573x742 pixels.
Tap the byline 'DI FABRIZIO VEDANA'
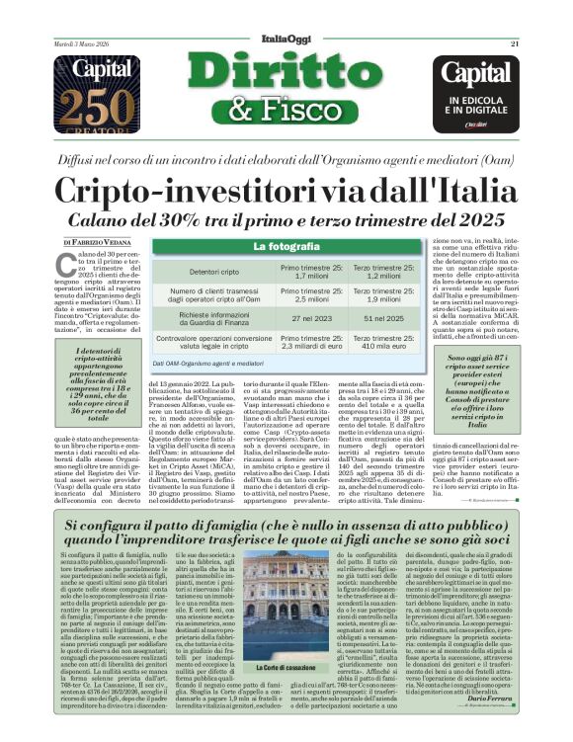[103, 242]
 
